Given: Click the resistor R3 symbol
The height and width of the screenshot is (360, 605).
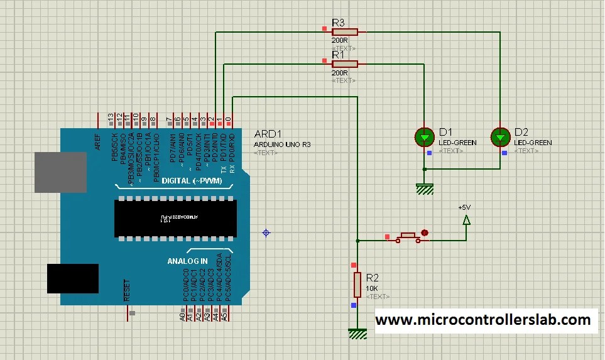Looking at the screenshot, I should [345, 31].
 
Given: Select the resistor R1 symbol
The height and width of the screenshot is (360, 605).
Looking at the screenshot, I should [345, 63].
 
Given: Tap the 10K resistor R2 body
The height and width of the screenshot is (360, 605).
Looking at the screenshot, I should [357, 284].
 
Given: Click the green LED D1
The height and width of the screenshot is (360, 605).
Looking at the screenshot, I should [425, 136].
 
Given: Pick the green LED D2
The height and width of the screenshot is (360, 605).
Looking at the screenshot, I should [501, 136].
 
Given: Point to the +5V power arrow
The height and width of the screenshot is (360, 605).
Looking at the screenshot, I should [466, 219].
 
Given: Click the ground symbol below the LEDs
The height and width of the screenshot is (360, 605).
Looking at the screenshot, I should [425, 188].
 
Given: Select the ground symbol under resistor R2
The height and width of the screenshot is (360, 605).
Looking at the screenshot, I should [357, 334].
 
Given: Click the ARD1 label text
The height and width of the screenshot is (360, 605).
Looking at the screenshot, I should [268, 134].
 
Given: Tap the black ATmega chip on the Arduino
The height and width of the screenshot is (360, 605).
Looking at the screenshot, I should [175, 218].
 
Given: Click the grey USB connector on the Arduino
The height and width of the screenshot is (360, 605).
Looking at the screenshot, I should [60, 172].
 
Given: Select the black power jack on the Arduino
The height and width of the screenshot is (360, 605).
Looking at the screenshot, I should [73, 278].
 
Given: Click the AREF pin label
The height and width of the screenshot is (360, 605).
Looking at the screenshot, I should [98, 142].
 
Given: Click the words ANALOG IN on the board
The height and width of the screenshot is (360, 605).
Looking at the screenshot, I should [187, 261].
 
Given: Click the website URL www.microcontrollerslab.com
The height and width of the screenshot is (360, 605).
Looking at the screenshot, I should [483, 320].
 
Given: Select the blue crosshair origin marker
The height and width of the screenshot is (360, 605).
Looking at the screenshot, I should [266, 232].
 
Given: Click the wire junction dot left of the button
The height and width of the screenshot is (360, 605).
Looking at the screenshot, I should [357, 241].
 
